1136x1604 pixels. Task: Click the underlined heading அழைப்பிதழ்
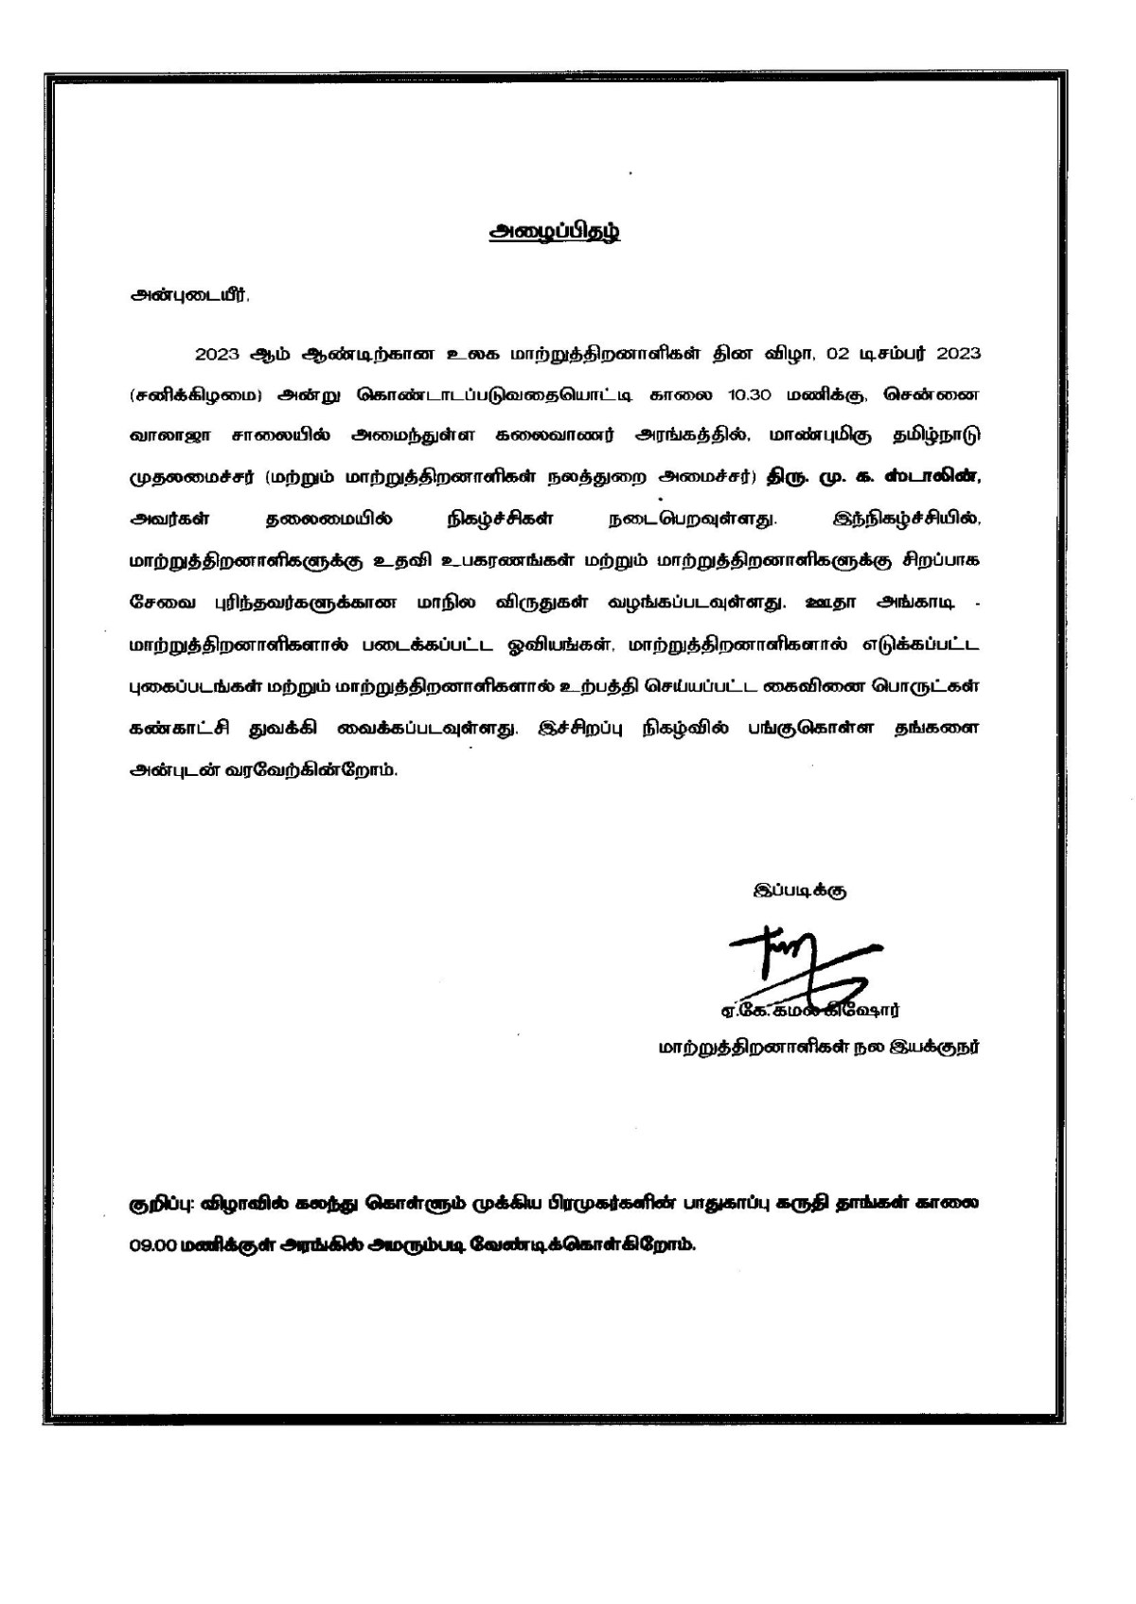[x=554, y=234]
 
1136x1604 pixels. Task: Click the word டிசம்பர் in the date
[x=893, y=354]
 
